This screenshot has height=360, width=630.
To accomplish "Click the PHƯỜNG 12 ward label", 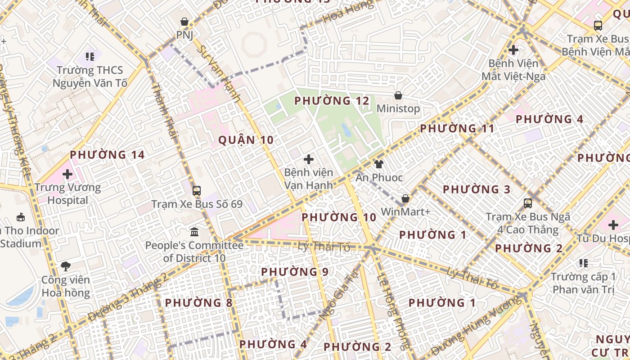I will (x=332, y=101).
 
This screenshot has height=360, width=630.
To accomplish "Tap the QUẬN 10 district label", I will (x=246, y=140).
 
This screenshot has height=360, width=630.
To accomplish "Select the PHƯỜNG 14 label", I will (x=107, y=155).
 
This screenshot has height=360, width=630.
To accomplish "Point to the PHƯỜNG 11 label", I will (x=457, y=129).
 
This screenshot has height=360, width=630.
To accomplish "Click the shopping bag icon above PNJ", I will (x=184, y=22).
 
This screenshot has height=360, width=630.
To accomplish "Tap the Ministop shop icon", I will (x=398, y=95).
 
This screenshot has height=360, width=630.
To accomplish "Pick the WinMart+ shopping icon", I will (x=405, y=198).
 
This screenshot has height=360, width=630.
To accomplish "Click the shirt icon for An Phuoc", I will (x=379, y=164).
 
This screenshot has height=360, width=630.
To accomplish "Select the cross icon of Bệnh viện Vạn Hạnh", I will (x=309, y=159).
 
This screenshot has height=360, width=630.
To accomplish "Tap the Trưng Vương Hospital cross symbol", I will (x=67, y=174).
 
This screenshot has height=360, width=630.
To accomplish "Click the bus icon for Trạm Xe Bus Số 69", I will (x=197, y=190).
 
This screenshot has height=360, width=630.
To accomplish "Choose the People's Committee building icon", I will (x=194, y=232).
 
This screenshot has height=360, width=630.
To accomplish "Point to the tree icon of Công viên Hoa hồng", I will (x=66, y=266).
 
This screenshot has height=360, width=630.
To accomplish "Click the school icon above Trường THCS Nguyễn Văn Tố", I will (x=90, y=57).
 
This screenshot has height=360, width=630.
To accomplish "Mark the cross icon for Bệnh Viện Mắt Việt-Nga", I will (x=513, y=49).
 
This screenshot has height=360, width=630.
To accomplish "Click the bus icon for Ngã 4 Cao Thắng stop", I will (x=528, y=203).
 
